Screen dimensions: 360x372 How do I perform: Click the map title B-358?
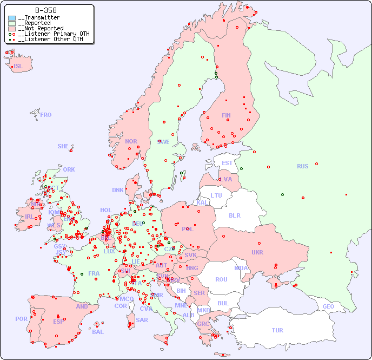click(46, 10)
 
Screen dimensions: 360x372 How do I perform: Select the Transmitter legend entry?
click(41, 18)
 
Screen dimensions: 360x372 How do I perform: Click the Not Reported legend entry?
click(41, 28)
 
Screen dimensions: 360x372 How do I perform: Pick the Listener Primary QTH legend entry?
click(50, 34)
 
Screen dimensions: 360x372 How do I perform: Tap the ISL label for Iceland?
click(18, 67)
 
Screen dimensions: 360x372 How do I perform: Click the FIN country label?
click(226, 115)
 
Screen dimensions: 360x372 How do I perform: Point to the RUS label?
click(302, 166)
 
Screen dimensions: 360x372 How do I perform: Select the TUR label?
click(277, 330)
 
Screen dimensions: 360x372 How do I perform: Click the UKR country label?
click(257, 252)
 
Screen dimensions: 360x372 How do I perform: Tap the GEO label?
click(328, 306)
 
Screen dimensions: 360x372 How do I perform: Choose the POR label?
click(21, 319)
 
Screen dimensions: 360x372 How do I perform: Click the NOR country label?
click(131, 141)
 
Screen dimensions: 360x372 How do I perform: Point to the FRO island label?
click(46, 115)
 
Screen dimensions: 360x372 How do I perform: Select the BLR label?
click(235, 215)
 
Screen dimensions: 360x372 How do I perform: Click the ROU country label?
click(221, 279)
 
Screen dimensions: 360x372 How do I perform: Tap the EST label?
click(227, 163)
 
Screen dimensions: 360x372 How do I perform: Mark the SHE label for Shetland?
click(63, 146)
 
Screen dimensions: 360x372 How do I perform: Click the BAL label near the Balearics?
click(98, 332)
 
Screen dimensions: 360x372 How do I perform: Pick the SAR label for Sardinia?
click(142, 320)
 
